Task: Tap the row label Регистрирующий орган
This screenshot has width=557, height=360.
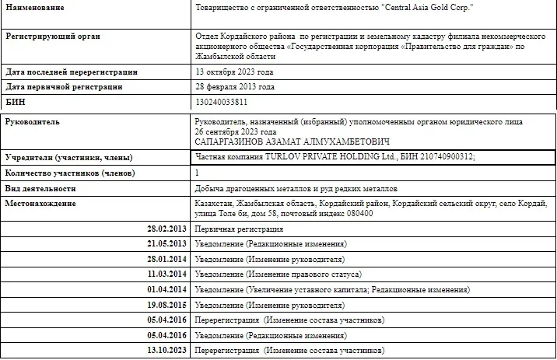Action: coord(53,36)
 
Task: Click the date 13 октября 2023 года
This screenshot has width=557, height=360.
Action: coord(234,72)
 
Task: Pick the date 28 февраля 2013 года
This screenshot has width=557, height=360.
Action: coord(234,87)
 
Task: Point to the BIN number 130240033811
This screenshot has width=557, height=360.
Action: coord(222,102)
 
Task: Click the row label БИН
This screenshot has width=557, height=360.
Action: coord(16,102)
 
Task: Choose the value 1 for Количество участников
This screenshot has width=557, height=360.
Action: coord(197,172)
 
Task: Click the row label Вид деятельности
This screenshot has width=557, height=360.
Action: coord(40,188)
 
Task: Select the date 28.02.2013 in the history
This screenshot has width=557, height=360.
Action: coord(167,229)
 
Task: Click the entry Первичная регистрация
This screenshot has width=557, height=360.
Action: coord(238,229)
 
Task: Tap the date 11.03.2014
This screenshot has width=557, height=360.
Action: coord(167,274)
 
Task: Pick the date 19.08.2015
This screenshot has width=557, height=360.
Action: coord(167,304)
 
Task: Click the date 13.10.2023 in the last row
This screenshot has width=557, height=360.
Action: coord(167,350)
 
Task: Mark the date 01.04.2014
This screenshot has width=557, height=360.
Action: coord(167,289)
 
